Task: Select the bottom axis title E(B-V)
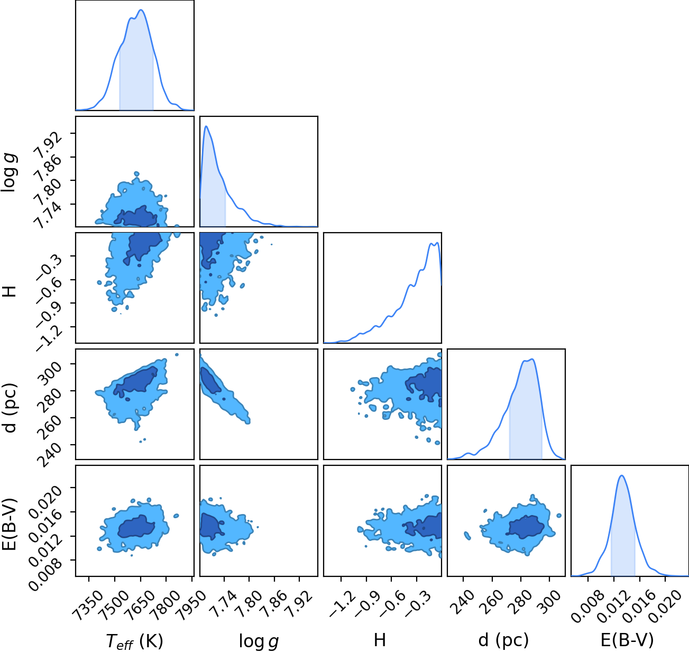pos(627,640)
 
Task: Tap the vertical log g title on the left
pos(9,172)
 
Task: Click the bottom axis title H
pos(380,640)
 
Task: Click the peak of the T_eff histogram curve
pos(141,10)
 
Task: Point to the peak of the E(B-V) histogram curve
pos(622,475)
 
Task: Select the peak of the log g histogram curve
pos(206,126)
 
